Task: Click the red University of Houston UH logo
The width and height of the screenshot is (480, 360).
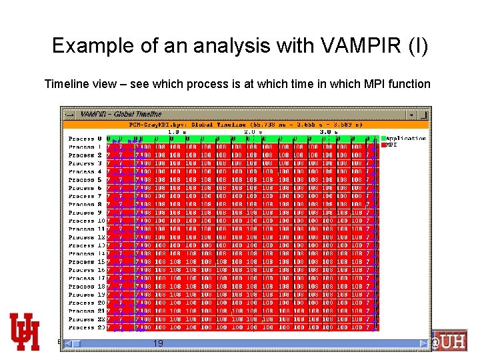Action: point(24,331)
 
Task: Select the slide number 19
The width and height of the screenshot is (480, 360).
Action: point(158,343)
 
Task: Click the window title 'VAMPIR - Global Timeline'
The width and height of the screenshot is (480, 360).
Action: point(121,114)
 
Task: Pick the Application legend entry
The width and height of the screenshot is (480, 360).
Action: point(404,138)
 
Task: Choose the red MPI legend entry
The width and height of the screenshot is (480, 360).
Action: point(389,145)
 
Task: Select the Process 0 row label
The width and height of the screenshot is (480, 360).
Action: point(85,139)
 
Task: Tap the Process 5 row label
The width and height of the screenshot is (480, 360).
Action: point(85,180)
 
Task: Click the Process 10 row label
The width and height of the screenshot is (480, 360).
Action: point(86,221)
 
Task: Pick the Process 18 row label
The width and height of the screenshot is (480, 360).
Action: point(86,286)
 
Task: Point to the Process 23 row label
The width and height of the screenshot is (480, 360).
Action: point(86,327)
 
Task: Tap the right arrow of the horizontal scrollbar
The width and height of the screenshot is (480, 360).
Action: point(423,343)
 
